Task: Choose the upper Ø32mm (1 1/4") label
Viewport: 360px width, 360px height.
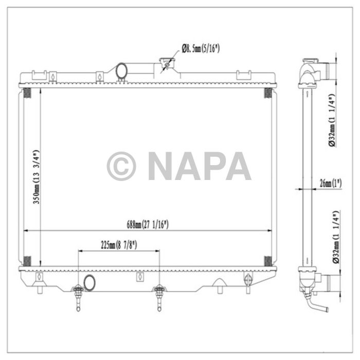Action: [x=333, y=120]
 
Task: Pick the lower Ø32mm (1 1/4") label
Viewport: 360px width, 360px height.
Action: [x=333, y=237]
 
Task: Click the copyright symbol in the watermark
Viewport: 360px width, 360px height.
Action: [x=121, y=166]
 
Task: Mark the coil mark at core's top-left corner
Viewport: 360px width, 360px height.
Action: [x=27, y=93]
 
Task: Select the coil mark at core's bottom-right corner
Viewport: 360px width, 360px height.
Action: [x=268, y=260]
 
